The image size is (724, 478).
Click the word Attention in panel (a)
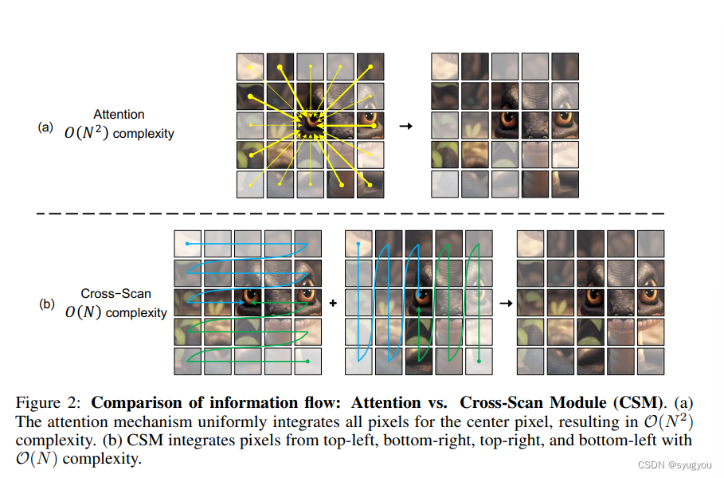tap(119, 115)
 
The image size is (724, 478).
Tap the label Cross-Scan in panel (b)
tap(116, 294)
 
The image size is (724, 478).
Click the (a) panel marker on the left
tap(45, 127)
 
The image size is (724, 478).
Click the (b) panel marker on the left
tap(47, 304)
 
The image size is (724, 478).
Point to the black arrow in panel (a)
tap(405, 126)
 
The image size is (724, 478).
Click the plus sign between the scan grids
tap(333, 303)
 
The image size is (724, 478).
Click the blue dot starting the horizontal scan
tap(187, 243)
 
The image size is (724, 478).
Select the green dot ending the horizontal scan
tap(307, 362)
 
